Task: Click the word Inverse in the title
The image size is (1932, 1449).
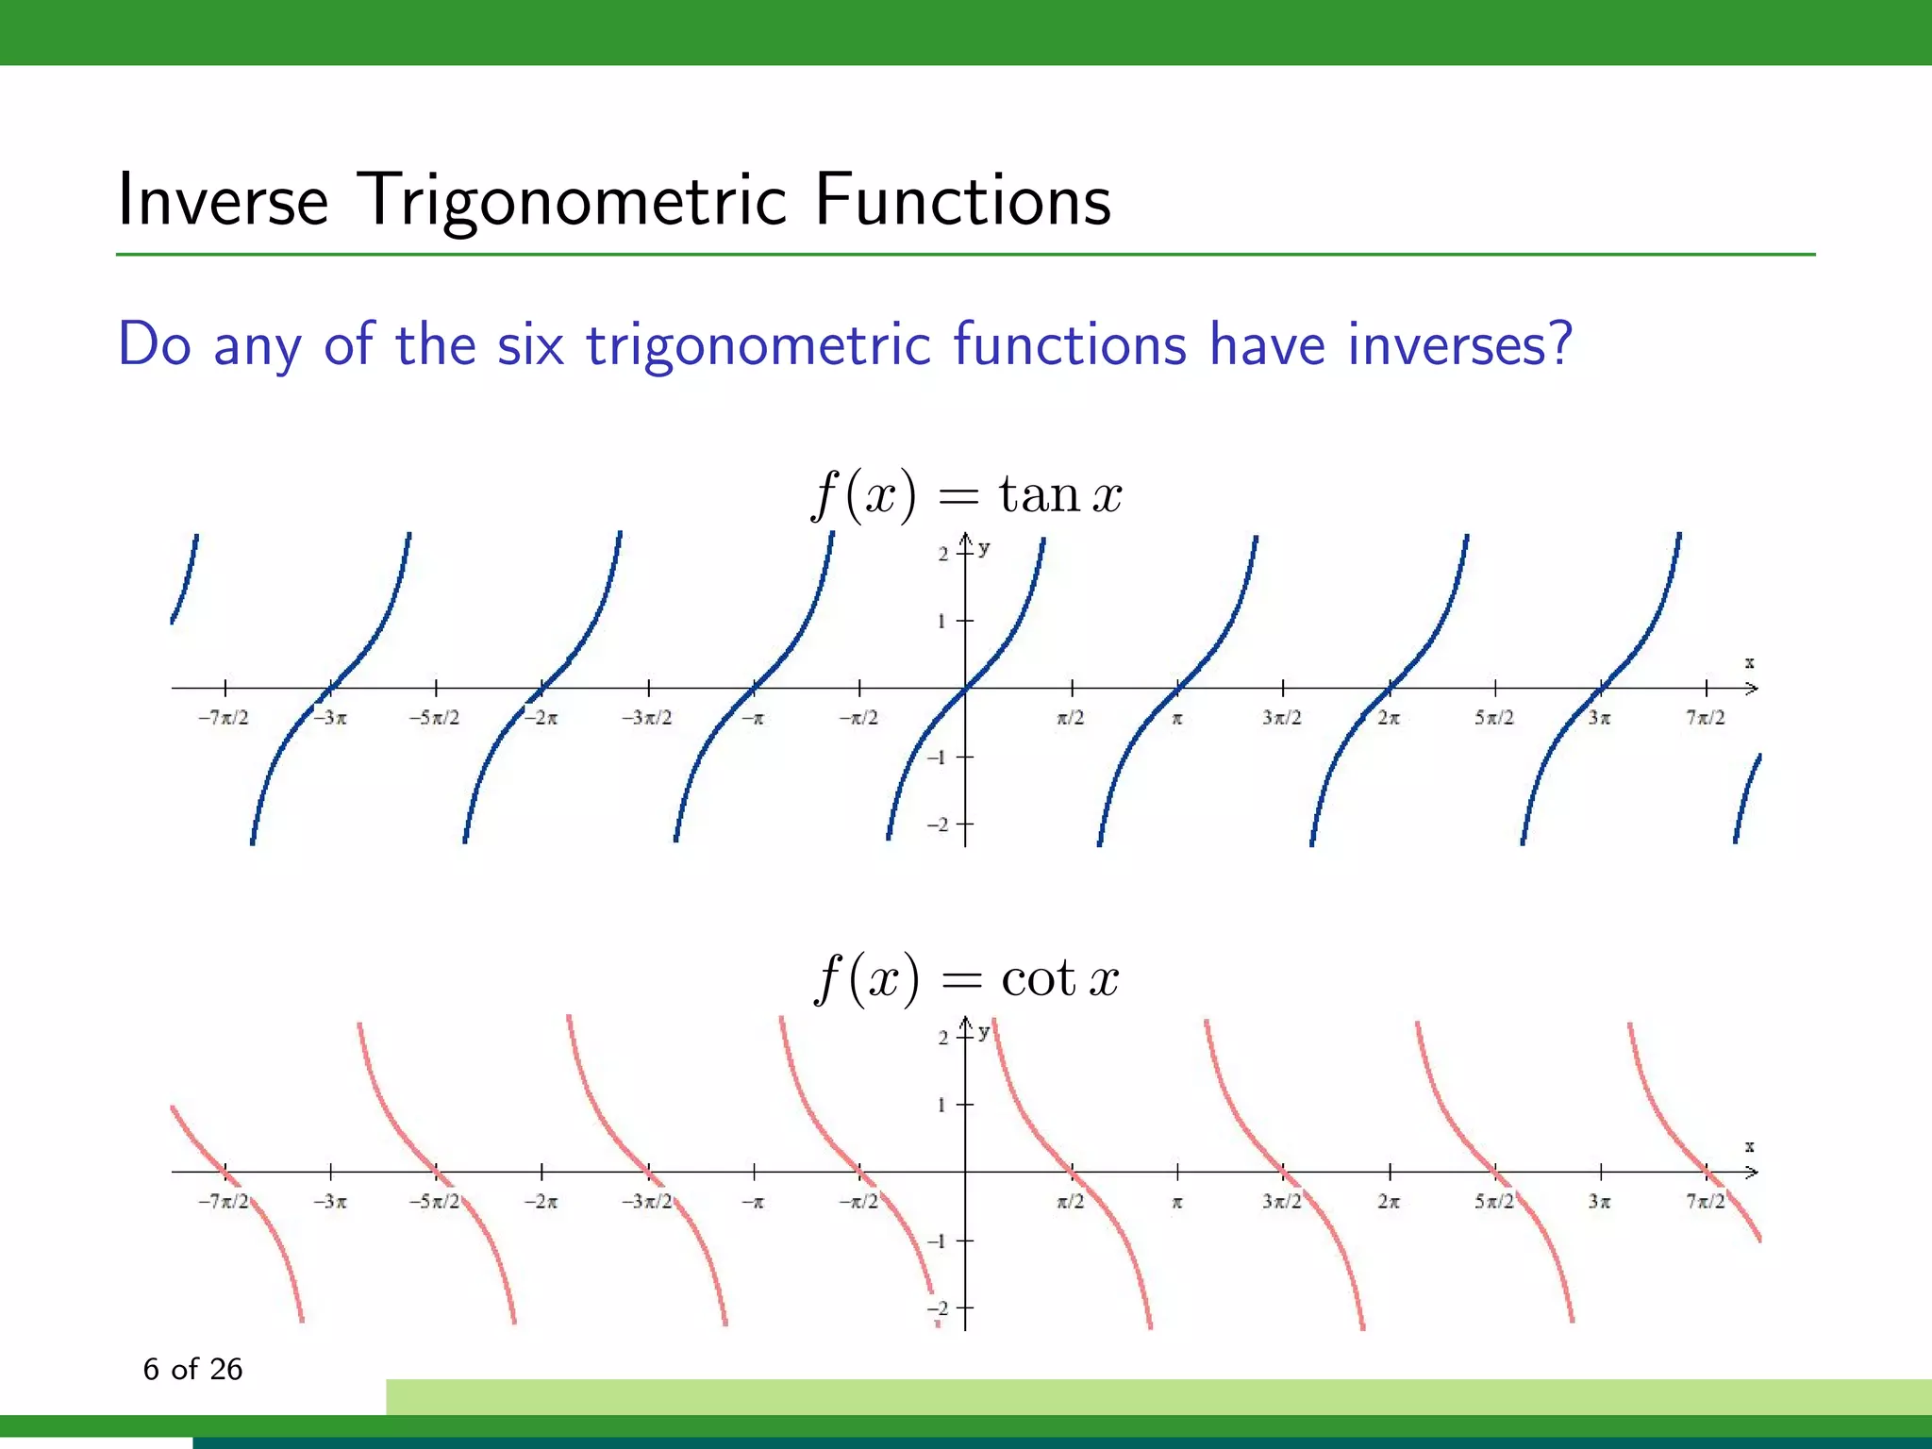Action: pos(223,201)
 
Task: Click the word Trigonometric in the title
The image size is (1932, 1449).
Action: pos(572,201)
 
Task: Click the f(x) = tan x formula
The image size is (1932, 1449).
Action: pos(966,494)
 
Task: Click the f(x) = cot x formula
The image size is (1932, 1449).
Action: pos(966,977)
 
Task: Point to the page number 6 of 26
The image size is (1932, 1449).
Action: pos(192,1369)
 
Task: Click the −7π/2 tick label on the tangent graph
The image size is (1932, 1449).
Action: pos(224,718)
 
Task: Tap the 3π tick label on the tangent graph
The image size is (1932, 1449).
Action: pos(1600,718)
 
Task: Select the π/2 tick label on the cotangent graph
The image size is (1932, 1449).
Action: pos(1071,1202)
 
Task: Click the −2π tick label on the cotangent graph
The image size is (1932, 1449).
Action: pos(541,1202)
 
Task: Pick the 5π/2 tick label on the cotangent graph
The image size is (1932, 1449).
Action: pos(1494,1202)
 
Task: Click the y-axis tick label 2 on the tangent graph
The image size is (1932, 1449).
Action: pos(943,554)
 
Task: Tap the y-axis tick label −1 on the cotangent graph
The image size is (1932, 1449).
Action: pos(938,1241)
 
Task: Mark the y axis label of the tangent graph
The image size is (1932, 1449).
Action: pos(985,548)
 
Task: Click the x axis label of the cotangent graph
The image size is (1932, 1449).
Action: pos(1749,1147)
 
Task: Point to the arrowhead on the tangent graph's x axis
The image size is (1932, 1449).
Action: pos(1752,689)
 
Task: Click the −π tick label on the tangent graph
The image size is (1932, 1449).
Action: pos(753,718)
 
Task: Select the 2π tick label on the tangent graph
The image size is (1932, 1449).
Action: pos(1389,718)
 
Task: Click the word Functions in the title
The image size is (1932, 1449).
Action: pos(962,201)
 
